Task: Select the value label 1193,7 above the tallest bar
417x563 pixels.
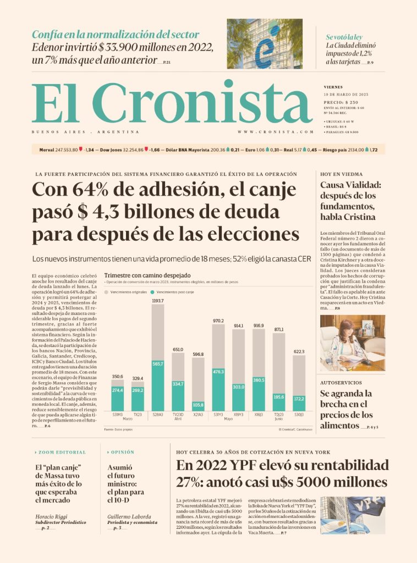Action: (x=158, y=301)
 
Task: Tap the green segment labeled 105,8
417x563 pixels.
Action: (x=198, y=405)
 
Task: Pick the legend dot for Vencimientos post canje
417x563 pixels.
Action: (x=152, y=292)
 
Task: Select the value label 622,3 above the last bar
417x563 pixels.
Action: (x=299, y=351)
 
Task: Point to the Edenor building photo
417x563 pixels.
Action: (x=265, y=43)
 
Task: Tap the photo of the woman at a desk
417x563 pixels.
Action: (x=353, y=342)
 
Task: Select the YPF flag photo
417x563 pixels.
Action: (x=353, y=515)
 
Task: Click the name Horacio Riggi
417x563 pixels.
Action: (x=52, y=517)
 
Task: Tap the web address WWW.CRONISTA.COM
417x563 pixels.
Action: (x=276, y=132)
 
